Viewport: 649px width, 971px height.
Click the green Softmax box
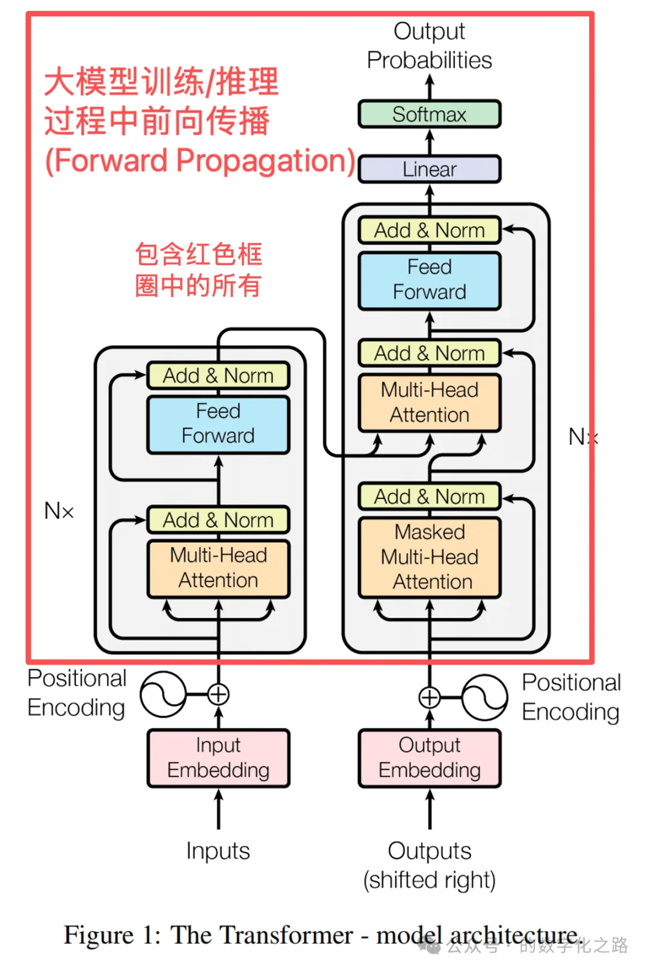[429, 114]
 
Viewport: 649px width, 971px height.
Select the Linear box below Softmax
[429, 170]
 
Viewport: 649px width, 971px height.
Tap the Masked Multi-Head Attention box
[429, 557]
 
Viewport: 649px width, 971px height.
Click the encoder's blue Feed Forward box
[218, 424]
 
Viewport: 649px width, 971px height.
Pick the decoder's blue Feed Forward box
[429, 280]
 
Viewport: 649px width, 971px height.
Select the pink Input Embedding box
[218, 758]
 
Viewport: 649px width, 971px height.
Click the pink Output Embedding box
[429, 758]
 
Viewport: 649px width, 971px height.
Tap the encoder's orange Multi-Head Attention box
[218, 568]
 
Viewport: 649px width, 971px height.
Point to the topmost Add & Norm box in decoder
[429, 230]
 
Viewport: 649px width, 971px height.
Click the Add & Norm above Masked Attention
[429, 497]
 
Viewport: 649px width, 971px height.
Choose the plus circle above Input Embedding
[218, 694]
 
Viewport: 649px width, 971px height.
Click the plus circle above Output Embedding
[429, 697]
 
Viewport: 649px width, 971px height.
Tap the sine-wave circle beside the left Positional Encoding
[163, 694]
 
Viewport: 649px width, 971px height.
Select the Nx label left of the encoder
[59, 511]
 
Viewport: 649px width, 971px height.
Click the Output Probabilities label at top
[429, 46]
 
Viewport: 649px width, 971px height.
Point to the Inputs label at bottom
[218, 851]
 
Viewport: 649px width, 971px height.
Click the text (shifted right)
[429, 880]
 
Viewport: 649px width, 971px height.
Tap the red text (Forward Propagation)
[200, 161]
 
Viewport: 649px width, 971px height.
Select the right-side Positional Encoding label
[571, 697]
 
